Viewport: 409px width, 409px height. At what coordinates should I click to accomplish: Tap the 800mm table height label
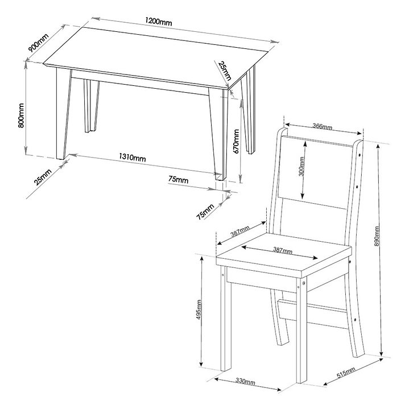[x=21, y=115]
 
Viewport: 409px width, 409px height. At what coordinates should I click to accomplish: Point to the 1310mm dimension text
[x=132, y=158]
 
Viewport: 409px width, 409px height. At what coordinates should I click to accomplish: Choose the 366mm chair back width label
[x=322, y=126]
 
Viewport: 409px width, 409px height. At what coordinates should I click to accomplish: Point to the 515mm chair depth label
[x=346, y=374]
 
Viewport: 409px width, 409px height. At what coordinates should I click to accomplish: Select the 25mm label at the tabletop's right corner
[x=225, y=71]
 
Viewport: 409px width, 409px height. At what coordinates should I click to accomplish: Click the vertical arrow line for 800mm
[x=26, y=108]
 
